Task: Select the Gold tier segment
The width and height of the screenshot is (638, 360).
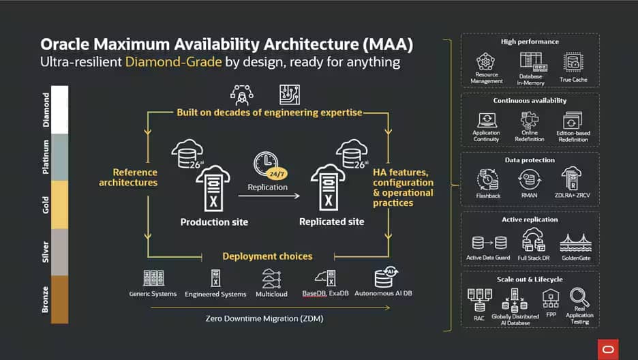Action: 55,205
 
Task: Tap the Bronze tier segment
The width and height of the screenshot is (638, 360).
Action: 55,299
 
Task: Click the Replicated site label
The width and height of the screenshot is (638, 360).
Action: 332,222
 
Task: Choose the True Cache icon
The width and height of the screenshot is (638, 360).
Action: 573,62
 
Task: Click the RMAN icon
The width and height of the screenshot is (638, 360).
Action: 530,179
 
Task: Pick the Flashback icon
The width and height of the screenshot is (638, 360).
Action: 488,179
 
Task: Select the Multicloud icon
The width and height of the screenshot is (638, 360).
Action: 271,278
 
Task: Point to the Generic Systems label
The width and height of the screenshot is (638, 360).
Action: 153,294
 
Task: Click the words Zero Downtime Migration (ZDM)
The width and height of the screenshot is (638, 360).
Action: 264,318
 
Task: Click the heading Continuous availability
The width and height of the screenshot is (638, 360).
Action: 530,101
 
